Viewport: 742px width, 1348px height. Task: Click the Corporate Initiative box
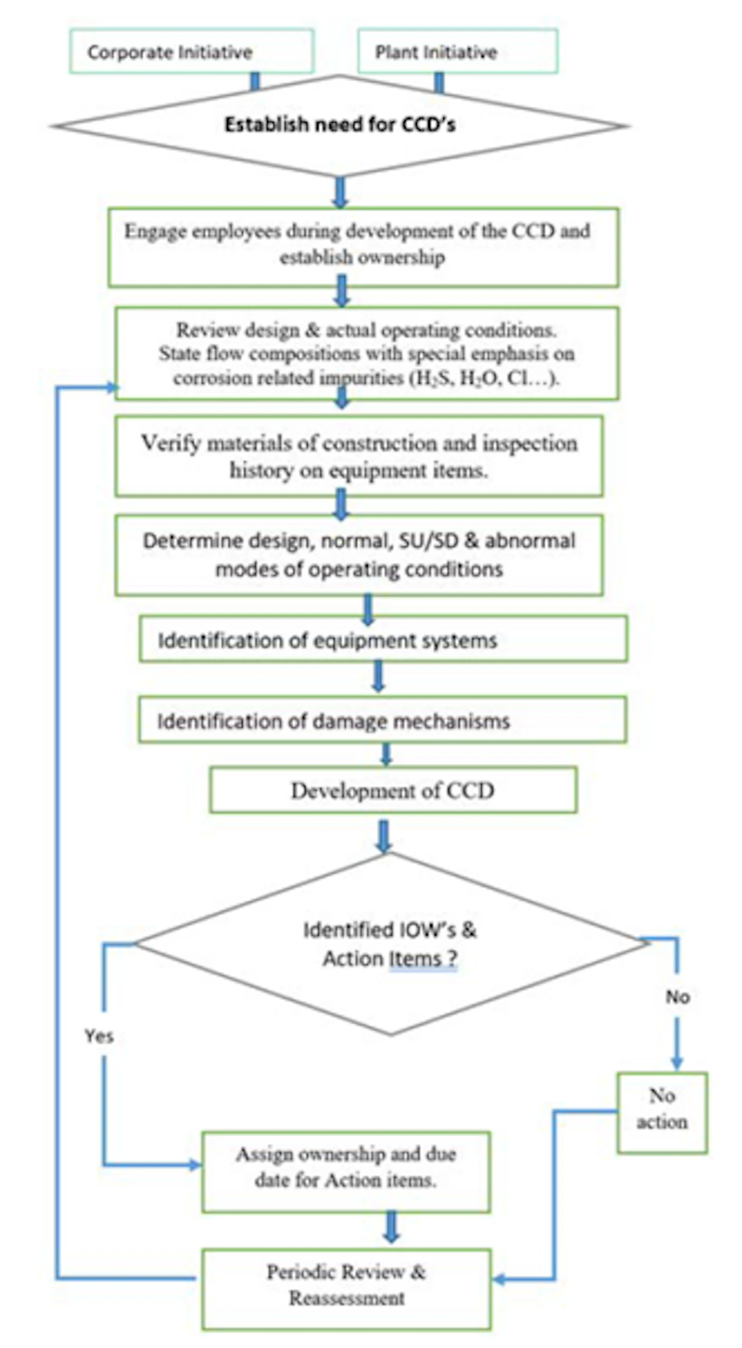coord(191,51)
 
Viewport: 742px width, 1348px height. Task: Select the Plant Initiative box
coord(457,51)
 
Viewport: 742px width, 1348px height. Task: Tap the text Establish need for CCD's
coord(340,124)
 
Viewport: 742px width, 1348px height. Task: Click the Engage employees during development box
coord(363,247)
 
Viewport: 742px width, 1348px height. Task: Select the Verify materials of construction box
coord(359,456)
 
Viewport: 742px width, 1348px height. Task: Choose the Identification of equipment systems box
coord(383,639)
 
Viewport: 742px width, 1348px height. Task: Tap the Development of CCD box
coord(393,790)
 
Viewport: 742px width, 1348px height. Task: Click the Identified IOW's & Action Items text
coord(390,944)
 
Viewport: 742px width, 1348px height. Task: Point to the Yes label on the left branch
coord(99,1036)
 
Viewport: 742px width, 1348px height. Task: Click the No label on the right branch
coord(677,997)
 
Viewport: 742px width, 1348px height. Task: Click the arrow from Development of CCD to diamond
coord(383,836)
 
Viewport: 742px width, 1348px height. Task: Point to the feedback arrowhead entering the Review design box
coord(112,388)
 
